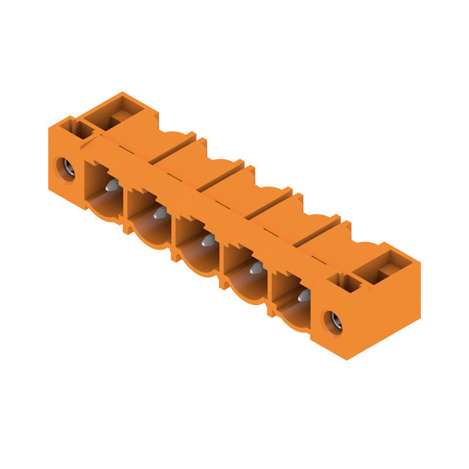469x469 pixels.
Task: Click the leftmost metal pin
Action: click(x=112, y=186)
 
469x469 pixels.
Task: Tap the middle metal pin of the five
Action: click(x=208, y=240)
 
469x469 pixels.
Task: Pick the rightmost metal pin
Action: click(x=304, y=295)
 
